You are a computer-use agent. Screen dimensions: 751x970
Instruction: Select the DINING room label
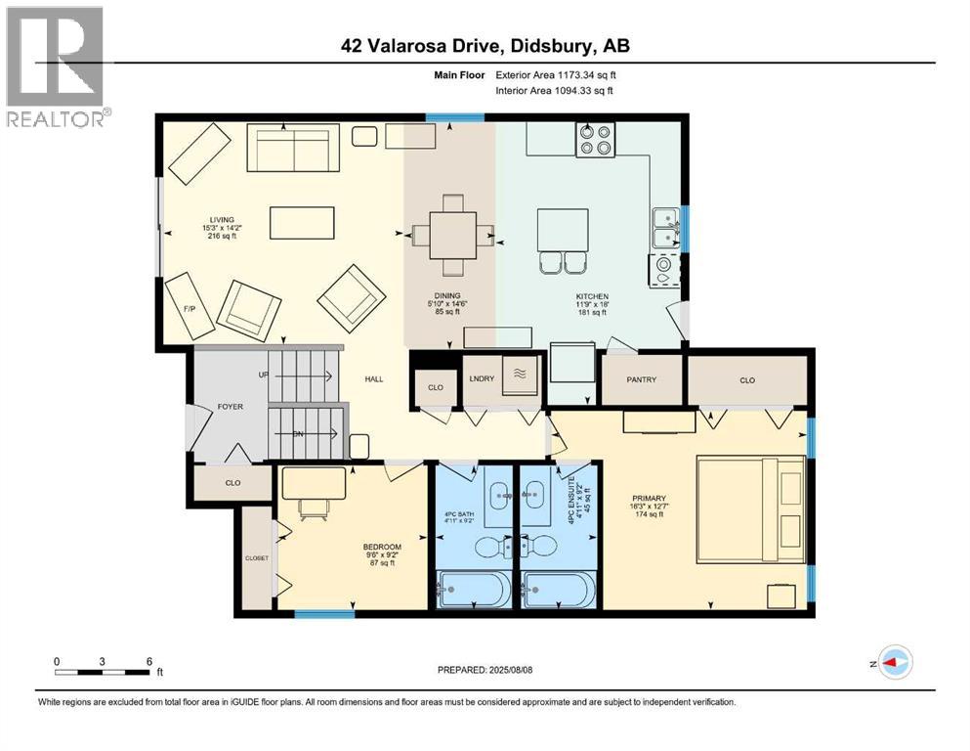(449, 295)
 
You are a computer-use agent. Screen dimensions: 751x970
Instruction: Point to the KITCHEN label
(592, 295)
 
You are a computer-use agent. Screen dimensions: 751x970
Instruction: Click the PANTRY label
(641, 379)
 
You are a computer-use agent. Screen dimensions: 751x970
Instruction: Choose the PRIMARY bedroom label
(648, 497)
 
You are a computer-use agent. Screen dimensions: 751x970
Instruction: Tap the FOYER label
(230, 406)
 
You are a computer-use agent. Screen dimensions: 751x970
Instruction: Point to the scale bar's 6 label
(148, 661)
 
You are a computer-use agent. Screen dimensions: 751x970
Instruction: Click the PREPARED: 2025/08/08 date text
(485, 670)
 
